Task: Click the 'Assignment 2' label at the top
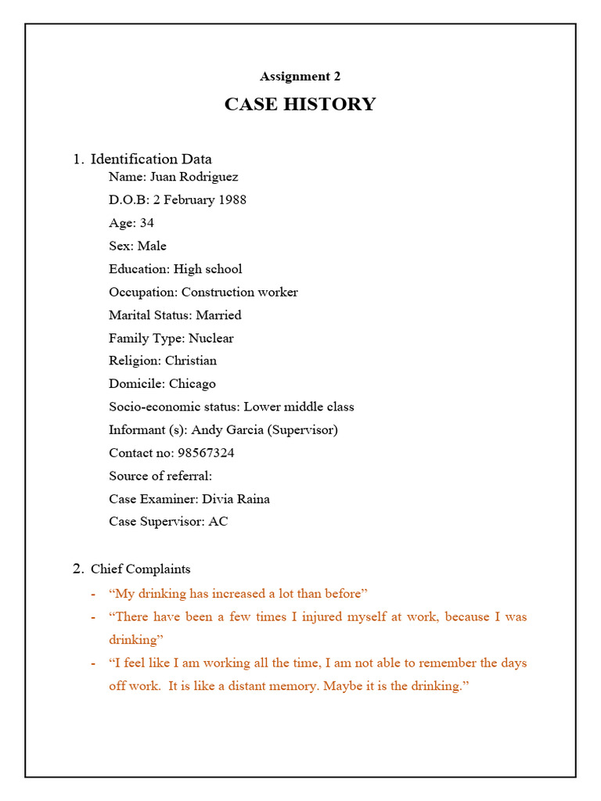300,77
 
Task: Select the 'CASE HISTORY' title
300,104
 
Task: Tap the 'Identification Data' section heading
151,159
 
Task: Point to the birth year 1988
232,199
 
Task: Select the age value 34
147,223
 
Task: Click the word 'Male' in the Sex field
153,246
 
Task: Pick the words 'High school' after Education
208,269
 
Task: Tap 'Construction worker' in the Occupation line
239,292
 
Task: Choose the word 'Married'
218,315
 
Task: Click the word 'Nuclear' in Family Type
211,338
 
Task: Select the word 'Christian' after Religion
191,361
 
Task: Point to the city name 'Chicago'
193,384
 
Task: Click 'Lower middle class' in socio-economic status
299,407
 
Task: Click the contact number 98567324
203,453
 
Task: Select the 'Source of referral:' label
160,476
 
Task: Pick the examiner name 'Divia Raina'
236,498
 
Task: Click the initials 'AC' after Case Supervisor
218,521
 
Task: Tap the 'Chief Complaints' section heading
141,569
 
